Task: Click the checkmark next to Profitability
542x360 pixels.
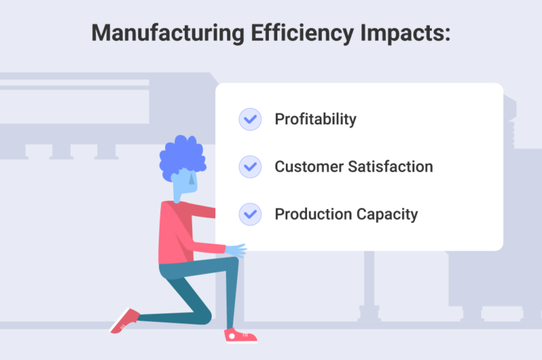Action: coord(250,119)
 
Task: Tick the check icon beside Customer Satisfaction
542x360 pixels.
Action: coord(250,167)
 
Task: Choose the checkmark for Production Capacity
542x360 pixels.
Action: coord(250,214)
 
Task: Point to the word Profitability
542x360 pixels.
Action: coord(315,119)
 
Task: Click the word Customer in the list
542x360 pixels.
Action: coord(306,167)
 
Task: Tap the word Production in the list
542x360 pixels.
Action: coord(308,214)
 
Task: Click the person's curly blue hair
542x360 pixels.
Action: coord(182,157)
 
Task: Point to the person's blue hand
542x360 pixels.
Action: coord(236,250)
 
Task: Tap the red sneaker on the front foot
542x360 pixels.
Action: coord(240,335)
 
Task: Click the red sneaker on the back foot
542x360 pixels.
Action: coord(124,320)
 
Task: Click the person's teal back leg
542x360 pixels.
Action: coord(169,304)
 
